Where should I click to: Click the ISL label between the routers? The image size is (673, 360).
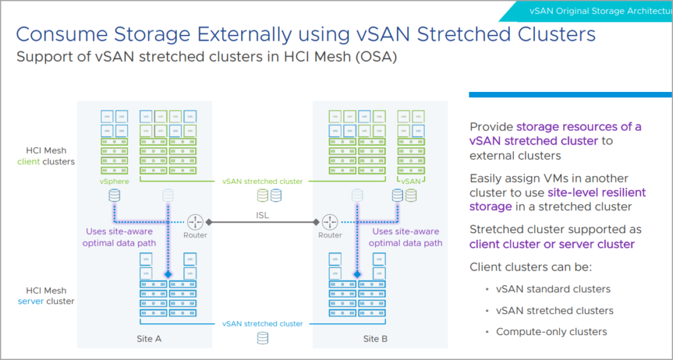tap(263, 213)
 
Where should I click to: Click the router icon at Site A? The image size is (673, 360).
tap(195, 222)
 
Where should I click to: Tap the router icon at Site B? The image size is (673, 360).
tap(330, 222)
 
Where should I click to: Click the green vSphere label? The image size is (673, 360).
tap(115, 181)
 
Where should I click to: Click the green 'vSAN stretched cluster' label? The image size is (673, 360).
tap(262, 181)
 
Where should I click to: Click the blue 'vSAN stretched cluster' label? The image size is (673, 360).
tap(262, 324)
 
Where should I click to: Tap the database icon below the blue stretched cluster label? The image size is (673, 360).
tap(263, 338)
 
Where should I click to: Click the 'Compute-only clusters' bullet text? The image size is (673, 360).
tap(551, 332)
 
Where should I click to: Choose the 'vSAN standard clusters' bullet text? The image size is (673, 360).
tap(553, 289)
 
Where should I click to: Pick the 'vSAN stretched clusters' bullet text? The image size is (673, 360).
tap(555, 310)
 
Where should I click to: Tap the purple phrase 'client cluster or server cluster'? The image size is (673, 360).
tap(552, 244)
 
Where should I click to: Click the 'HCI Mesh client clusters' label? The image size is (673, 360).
tap(50, 156)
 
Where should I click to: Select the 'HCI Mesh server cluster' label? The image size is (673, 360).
tap(50, 296)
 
